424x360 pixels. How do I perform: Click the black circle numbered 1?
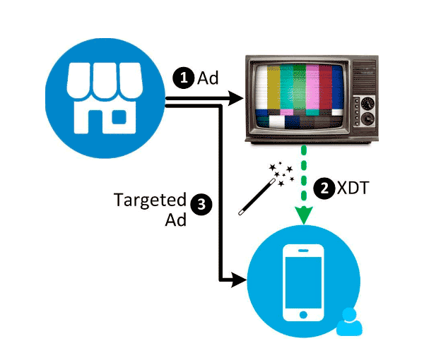184,78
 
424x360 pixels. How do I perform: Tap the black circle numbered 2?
324,188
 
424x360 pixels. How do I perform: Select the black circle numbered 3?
201,205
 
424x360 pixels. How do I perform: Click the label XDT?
353,188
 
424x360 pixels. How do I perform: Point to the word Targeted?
150,201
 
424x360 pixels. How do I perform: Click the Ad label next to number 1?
208,78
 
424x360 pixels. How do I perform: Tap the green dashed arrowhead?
304,215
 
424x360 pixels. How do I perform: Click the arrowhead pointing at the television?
236,98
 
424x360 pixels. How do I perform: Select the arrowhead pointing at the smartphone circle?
240,280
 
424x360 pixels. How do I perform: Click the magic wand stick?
257,197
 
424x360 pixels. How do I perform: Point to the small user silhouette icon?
349,322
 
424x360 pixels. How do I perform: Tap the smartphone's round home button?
303,315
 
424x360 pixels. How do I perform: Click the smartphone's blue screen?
303,282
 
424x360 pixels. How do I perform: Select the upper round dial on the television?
367,104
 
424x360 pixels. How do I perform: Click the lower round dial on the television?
367,119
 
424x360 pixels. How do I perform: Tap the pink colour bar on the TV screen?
312,87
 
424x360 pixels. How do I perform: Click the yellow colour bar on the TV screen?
273,87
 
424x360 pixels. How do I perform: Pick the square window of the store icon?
119,117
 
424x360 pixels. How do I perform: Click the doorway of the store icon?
95,122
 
